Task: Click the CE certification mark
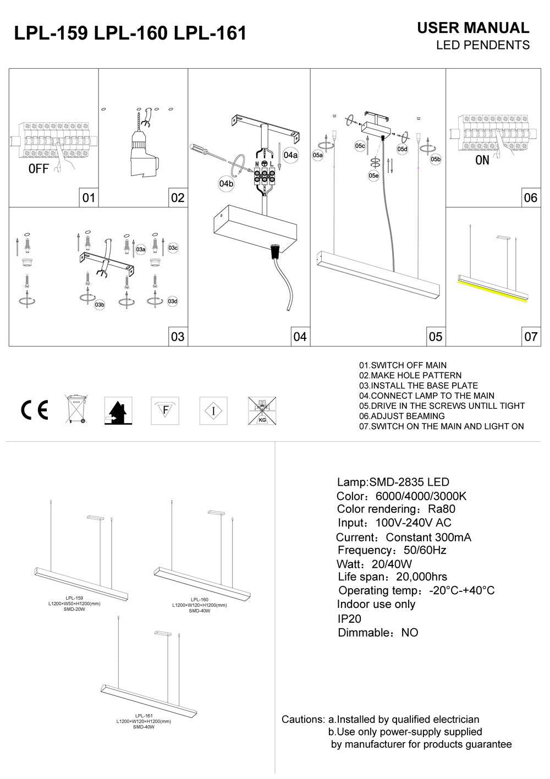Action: (34, 410)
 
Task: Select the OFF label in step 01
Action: (38, 169)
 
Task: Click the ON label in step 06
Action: (482, 161)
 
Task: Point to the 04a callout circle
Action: (290, 155)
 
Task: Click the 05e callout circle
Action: (373, 175)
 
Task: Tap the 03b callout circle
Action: (100, 304)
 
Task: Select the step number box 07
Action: (531, 336)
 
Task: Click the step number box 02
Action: (178, 198)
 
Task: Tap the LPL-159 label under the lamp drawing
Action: (74, 597)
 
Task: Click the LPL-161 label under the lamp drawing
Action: (144, 716)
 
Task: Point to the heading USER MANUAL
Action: (473, 28)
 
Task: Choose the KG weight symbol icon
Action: (262, 410)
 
